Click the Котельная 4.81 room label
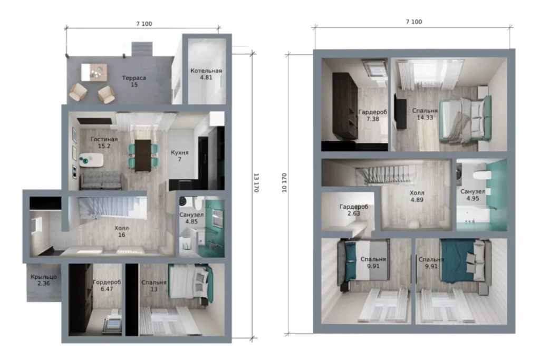click(x=206, y=74)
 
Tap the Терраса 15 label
click(x=134, y=81)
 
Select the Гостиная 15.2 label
click(x=104, y=142)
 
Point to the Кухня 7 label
click(x=180, y=155)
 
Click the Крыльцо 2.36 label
click(x=44, y=280)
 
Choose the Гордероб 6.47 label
click(x=107, y=285)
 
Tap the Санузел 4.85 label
click(x=191, y=218)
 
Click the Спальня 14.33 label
click(x=425, y=114)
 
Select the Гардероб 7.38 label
click(x=373, y=115)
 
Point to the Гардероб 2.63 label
click(x=354, y=210)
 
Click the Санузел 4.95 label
click(x=473, y=195)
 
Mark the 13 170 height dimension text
click(x=256, y=183)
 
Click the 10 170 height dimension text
click(x=284, y=183)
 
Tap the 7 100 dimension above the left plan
click(x=144, y=24)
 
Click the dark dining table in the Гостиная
click(x=142, y=155)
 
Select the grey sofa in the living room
click(x=101, y=180)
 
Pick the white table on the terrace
click(x=94, y=72)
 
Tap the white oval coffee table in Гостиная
click(x=92, y=160)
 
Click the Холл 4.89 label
click(x=417, y=196)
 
